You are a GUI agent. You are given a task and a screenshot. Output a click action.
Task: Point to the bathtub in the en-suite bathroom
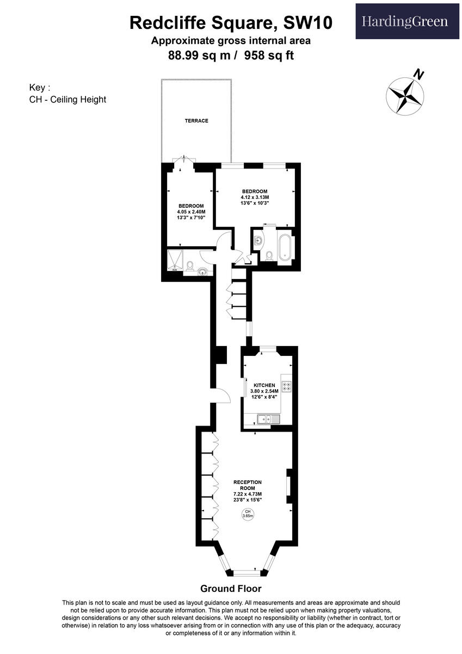click(x=285, y=246)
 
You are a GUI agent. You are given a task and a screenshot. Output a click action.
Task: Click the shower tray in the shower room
click(x=175, y=261)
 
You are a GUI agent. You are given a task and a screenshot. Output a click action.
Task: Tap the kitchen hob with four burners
click(x=286, y=386)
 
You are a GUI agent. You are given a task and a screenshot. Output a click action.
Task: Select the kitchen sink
click(x=267, y=419)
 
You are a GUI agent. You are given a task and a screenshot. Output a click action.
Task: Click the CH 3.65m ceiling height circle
click(x=248, y=514)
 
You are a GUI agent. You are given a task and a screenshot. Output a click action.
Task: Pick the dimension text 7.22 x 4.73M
click(x=248, y=494)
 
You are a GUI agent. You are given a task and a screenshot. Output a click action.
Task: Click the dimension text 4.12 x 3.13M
click(x=255, y=197)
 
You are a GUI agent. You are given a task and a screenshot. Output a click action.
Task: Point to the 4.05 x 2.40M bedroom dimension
click(x=190, y=211)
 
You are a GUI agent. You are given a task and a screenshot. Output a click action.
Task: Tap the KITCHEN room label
click(x=264, y=385)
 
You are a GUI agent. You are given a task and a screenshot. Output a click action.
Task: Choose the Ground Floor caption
click(x=231, y=589)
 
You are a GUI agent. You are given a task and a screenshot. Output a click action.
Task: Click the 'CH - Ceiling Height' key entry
click(x=67, y=99)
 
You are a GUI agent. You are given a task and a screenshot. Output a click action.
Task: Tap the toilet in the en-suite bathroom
click(x=269, y=255)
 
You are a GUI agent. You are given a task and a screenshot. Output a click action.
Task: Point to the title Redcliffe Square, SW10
click(x=231, y=23)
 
